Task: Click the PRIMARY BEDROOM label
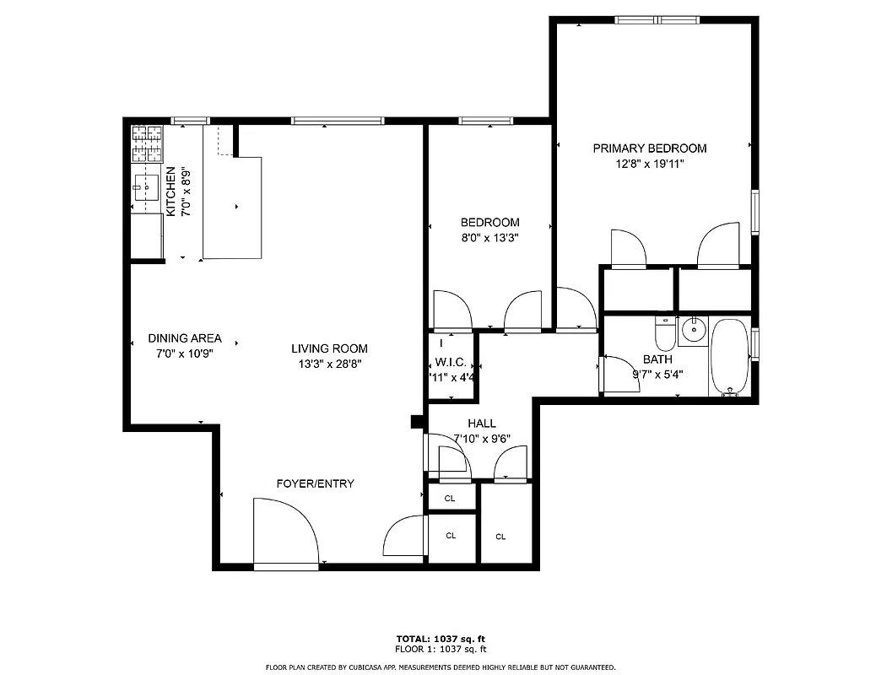point(649,148)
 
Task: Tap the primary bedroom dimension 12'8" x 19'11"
point(649,165)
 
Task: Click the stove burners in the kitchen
point(146,144)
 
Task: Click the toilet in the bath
point(666,334)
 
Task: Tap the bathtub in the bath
point(728,357)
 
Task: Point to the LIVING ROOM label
point(329,348)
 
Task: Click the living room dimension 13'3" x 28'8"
point(329,364)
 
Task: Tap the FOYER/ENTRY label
point(315,483)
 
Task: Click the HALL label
point(481,424)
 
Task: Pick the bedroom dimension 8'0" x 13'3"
point(489,238)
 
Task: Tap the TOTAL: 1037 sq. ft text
point(441,638)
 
